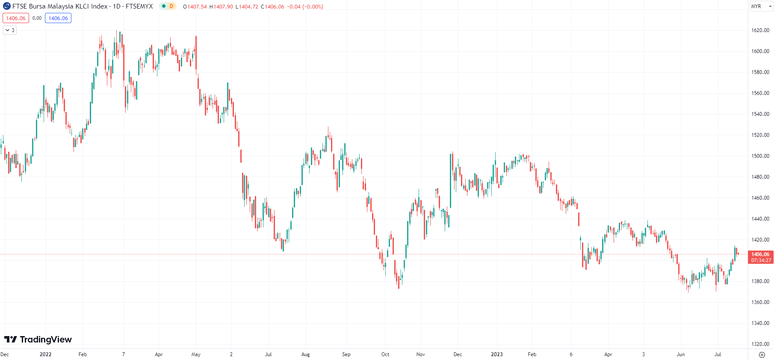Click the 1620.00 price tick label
pos(760,30)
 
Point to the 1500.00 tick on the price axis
pos(760,156)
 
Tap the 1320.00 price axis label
pos(760,344)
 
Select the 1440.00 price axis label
pos(760,219)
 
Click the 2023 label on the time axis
pos(496,354)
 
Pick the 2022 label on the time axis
pos(45,354)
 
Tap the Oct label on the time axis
pos(385,354)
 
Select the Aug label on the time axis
pos(305,354)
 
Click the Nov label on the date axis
pos(420,354)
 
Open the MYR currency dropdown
pos(761,6)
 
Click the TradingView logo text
pos(38,339)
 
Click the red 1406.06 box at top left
pos(16,18)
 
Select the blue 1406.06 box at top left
pos(58,18)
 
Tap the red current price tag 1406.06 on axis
pos(760,254)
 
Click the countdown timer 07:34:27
pos(761,260)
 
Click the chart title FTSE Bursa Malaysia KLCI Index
pos(60,6)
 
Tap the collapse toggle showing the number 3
pos(10,30)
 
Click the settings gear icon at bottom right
pos(762,355)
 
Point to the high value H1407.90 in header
pos(221,7)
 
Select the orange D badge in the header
pos(171,6)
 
